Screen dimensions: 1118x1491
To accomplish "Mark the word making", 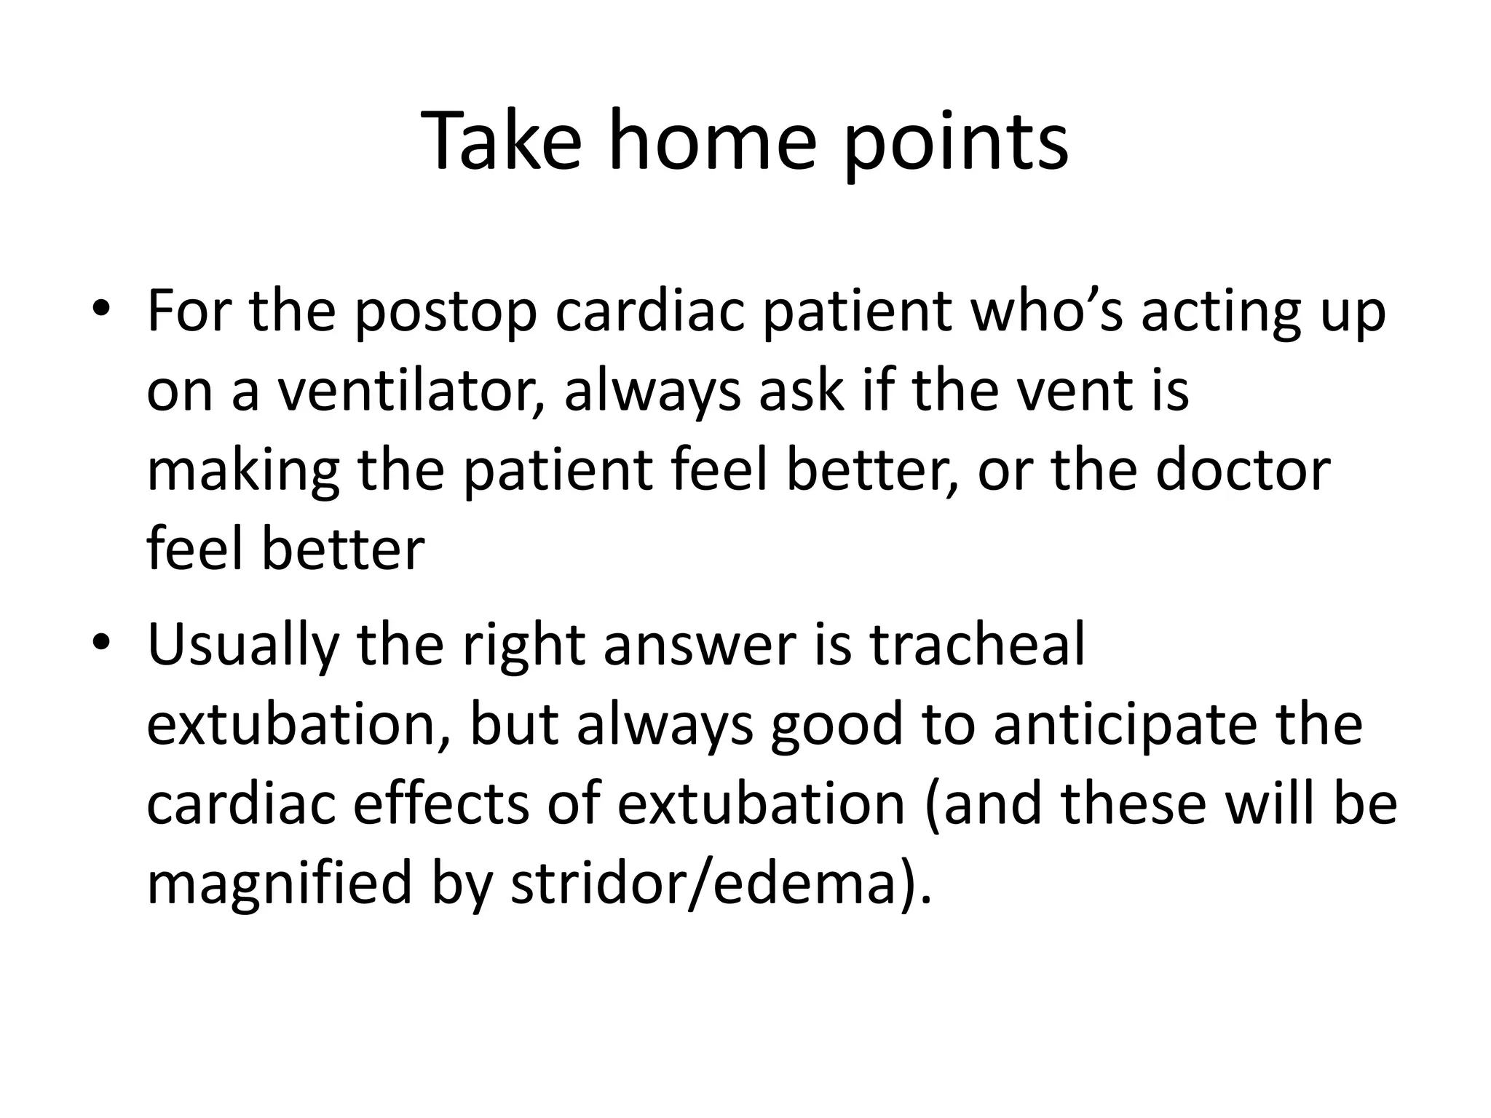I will tap(243, 472).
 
